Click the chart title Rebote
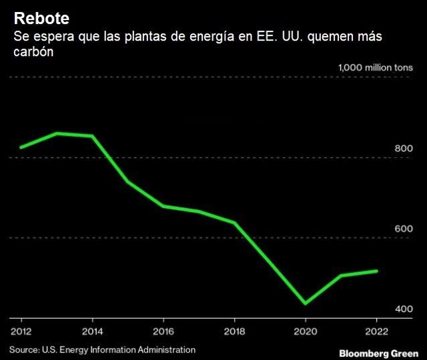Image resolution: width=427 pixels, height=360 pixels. click(41, 17)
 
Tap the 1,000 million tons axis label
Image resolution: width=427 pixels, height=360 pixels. click(376, 67)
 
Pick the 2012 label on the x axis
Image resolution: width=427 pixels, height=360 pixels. click(21, 331)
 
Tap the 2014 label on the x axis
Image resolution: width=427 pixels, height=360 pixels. click(92, 331)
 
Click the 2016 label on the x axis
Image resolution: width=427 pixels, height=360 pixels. click(163, 331)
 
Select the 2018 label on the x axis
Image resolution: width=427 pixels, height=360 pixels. click(235, 331)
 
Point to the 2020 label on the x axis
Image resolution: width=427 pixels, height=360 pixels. click(306, 331)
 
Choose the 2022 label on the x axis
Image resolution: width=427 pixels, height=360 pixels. click(377, 331)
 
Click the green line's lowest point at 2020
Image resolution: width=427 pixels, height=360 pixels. click(306, 303)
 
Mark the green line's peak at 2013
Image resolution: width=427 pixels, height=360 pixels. click(57, 133)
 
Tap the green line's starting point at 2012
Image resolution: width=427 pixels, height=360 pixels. click(21, 147)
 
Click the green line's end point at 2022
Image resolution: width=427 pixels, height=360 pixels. click(377, 271)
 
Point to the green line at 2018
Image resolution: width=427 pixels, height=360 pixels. click(235, 223)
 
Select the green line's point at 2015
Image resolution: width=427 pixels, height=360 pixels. click(128, 181)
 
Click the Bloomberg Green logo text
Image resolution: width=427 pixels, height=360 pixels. click(378, 351)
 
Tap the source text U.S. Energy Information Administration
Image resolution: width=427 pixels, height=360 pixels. click(119, 349)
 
